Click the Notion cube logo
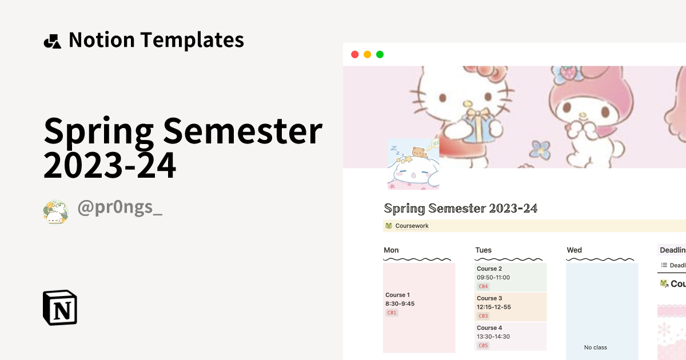[x=60, y=307]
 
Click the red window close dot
[x=354, y=54]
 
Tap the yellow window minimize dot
[x=367, y=54]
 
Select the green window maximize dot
[x=380, y=54]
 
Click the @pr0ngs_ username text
[x=120, y=208]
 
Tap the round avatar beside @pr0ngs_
[x=55, y=211]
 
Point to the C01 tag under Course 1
[x=392, y=313]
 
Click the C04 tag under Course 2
[x=483, y=286]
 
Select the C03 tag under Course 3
[x=483, y=316]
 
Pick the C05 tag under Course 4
[x=483, y=346]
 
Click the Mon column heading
[x=391, y=250]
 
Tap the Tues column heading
[x=483, y=250]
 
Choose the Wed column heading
[x=574, y=250]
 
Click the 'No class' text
[x=596, y=347]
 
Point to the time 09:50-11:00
[x=493, y=278]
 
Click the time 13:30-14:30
[x=493, y=337]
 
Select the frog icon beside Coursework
[x=389, y=226]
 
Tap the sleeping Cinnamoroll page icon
[x=413, y=164]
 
